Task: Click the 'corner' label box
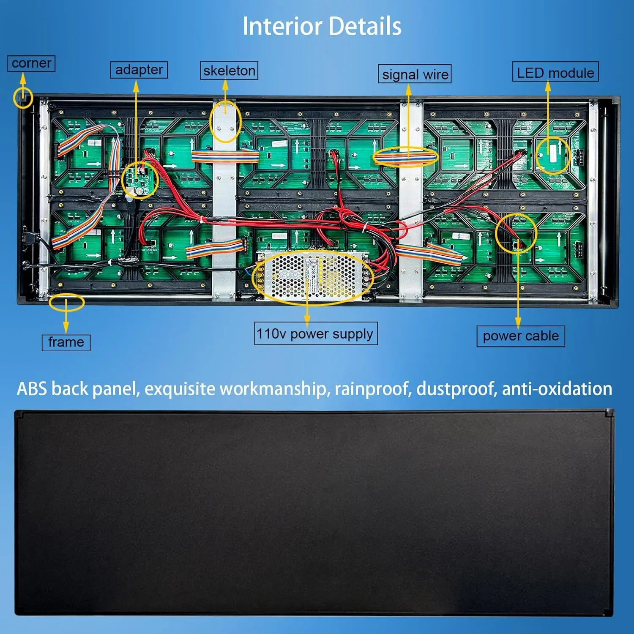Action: coord(31,63)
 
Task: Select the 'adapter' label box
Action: coord(139,70)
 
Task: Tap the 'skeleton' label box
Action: coord(229,71)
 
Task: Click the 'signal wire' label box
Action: coord(415,74)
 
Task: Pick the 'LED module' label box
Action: coord(555,72)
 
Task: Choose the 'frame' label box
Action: coord(66,342)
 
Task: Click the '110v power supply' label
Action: coord(315,334)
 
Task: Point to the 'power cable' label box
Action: coord(521,336)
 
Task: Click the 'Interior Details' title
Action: coord(322,26)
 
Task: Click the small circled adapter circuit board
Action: coord(139,180)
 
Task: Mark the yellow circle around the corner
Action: coord(23,98)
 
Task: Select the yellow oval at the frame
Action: coord(66,302)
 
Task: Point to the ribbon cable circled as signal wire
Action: coord(405,157)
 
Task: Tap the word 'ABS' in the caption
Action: coord(32,389)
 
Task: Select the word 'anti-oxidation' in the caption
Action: coord(557,389)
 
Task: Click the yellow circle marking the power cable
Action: coord(516,233)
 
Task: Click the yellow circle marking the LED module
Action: coord(553,155)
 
